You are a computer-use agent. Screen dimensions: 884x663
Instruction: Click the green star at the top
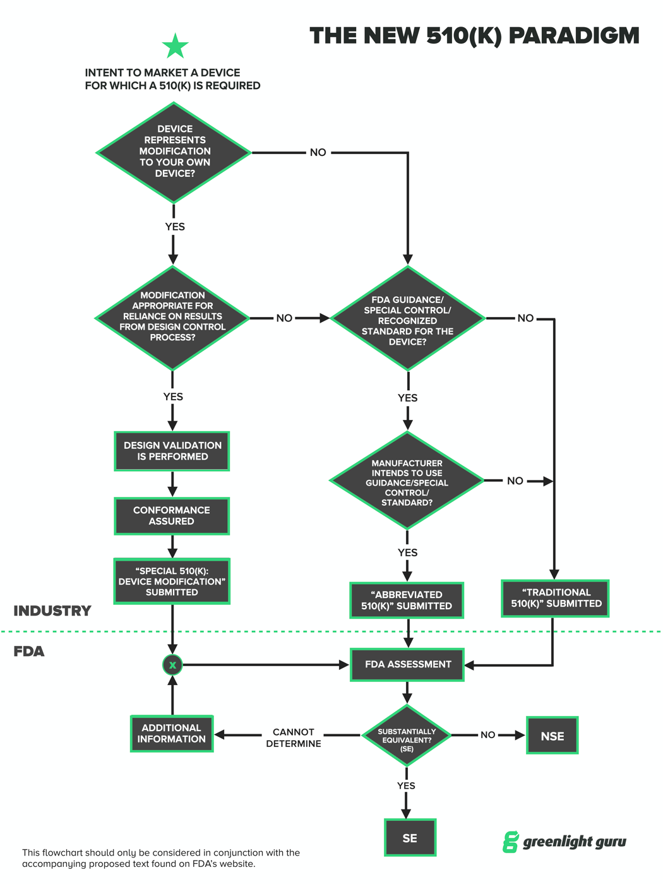pyautogui.click(x=175, y=46)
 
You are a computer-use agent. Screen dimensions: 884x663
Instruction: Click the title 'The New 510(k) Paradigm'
pyautogui.click(x=474, y=36)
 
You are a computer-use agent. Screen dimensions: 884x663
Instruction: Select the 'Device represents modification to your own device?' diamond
pyautogui.click(x=174, y=152)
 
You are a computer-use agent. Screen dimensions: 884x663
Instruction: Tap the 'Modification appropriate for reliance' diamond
pyautogui.click(x=172, y=318)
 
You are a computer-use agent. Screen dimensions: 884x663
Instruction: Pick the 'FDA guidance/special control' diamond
pyautogui.click(x=408, y=319)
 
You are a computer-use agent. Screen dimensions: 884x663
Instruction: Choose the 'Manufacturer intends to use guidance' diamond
pyautogui.click(x=407, y=481)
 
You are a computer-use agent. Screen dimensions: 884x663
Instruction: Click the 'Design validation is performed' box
pyautogui.click(x=172, y=451)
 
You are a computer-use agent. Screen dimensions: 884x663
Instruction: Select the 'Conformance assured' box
pyautogui.click(x=172, y=516)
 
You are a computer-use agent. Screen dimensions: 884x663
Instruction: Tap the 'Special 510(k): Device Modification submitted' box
pyautogui.click(x=172, y=581)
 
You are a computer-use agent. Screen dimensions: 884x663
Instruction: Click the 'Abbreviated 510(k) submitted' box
pyautogui.click(x=407, y=600)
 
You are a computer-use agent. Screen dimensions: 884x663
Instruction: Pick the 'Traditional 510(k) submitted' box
pyautogui.click(x=555, y=598)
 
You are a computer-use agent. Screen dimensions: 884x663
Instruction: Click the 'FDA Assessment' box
pyautogui.click(x=407, y=664)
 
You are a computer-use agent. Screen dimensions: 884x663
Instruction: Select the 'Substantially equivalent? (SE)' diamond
pyautogui.click(x=407, y=736)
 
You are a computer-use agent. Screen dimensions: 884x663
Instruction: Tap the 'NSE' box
pyautogui.click(x=552, y=736)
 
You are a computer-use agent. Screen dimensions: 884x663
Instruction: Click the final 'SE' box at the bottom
pyautogui.click(x=410, y=838)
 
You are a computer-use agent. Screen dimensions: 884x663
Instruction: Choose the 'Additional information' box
pyautogui.click(x=172, y=734)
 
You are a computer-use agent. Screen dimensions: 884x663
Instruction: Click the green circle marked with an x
pyautogui.click(x=172, y=665)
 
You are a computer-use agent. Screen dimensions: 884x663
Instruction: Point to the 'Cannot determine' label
pyautogui.click(x=294, y=738)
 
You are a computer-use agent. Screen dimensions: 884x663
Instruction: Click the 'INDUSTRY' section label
pyautogui.click(x=52, y=611)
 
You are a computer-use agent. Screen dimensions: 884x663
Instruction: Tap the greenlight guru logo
pyautogui.click(x=564, y=842)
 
